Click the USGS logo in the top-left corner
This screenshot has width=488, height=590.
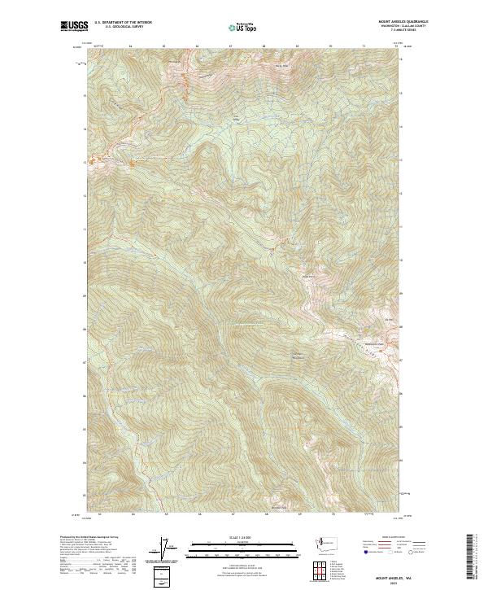74,26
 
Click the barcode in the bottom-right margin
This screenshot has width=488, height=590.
473,557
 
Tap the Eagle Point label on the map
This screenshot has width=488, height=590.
307,278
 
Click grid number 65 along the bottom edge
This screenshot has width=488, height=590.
166,514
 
